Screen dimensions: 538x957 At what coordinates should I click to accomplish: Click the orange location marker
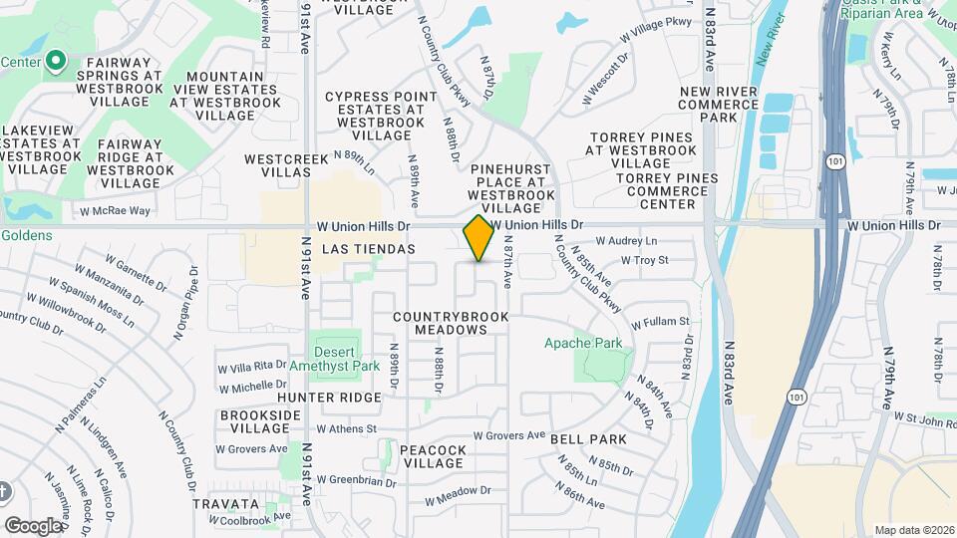(478, 238)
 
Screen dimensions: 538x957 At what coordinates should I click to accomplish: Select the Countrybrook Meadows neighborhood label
(451, 323)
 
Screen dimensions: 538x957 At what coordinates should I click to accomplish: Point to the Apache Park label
(583, 343)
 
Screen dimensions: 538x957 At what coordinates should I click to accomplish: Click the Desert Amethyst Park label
(333, 359)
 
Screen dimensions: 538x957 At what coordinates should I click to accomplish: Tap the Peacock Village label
(433, 457)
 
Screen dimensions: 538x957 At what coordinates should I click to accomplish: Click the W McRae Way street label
(116, 210)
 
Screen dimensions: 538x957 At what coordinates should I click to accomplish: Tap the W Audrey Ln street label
(626, 241)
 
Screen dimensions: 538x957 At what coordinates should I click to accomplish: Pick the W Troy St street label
(643, 260)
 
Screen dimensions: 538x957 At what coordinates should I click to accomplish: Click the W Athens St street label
(346, 429)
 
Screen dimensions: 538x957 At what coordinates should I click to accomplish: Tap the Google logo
(33, 525)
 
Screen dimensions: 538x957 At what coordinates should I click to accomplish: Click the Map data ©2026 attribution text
(913, 530)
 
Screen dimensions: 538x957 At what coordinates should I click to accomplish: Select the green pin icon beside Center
(56, 62)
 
